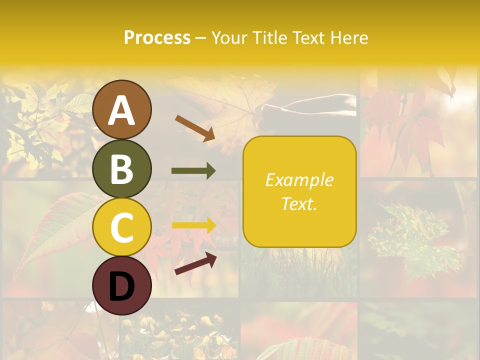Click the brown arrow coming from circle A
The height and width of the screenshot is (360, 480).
point(195,128)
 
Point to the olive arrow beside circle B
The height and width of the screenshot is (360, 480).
point(193,171)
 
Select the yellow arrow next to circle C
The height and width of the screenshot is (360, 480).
point(193,225)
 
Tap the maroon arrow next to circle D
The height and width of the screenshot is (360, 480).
point(195,263)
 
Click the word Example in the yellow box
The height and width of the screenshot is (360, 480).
point(299,180)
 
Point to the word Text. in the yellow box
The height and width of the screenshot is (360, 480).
point(299,204)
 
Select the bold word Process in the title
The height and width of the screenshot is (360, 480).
point(157,37)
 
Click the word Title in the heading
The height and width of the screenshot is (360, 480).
point(270,37)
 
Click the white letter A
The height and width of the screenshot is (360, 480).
point(122,110)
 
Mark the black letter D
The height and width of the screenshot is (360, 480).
point(122,286)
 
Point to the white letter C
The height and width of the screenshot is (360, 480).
point(122,228)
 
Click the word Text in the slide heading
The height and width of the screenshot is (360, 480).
point(309,37)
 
